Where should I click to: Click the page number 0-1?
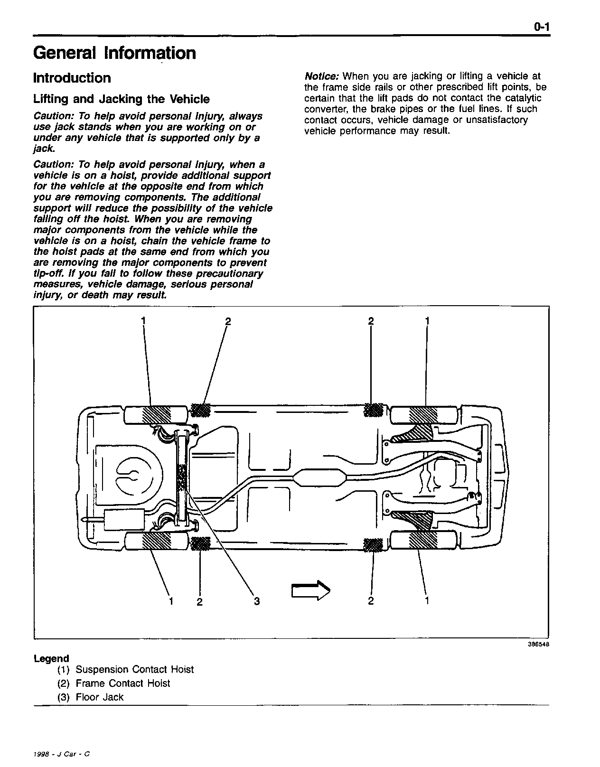point(541,28)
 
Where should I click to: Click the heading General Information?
point(114,53)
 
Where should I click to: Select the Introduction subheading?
point(72,78)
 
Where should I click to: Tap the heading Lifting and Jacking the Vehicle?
point(121,99)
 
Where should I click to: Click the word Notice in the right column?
point(321,76)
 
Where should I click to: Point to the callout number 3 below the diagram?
point(257,601)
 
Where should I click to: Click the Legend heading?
point(51,659)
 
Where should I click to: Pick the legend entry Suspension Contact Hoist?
point(134,670)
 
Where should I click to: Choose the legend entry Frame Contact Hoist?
point(122,683)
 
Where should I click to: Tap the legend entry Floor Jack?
point(99,697)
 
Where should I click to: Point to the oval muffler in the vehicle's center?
point(319,477)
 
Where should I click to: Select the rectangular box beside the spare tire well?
point(124,519)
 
